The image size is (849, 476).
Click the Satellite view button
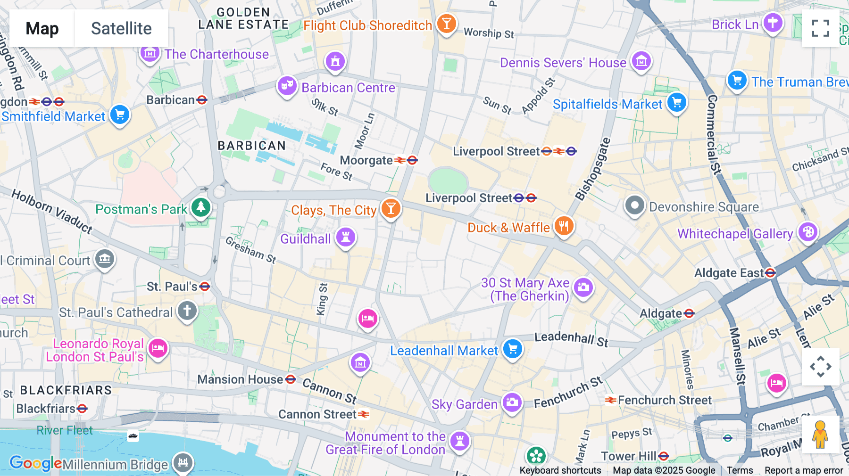click(121, 28)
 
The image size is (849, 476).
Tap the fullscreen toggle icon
click(820, 28)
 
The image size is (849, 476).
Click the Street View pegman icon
click(820, 435)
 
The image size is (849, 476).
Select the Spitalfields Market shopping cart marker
click(677, 102)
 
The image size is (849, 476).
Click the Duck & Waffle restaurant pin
click(564, 226)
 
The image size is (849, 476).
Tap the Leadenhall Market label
click(444, 351)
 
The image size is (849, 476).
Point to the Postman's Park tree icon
click(201, 207)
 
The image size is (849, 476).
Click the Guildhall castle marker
click(346, 237)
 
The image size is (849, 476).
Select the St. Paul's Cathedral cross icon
click(187, 311)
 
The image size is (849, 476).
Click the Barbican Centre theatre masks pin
click(287, 86)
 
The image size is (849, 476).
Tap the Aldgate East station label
click(729, 273)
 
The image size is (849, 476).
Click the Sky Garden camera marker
click(512, 402)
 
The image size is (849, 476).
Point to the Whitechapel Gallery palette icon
click(808, 232)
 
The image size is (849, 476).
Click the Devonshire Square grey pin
click(634, 205)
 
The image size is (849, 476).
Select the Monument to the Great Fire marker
click(459, 441)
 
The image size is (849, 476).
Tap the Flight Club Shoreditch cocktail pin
click(446, 23)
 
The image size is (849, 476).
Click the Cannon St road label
click(329, 391)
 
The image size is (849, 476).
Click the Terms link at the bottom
click(740, 470)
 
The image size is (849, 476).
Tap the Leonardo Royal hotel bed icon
click(158, 348)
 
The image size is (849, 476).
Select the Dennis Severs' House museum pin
click(641, 61)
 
